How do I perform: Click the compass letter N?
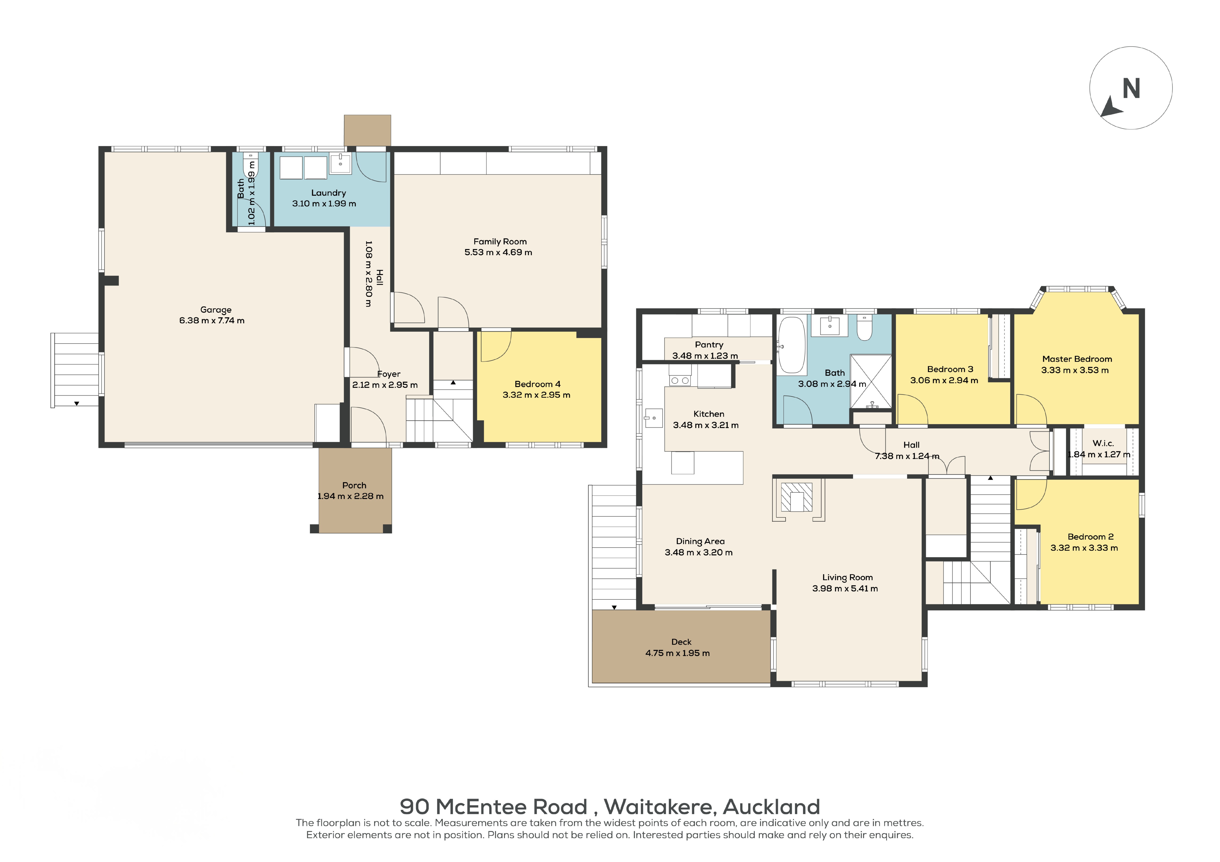(x=1131, y=89)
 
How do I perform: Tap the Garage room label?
(x=216, y=310)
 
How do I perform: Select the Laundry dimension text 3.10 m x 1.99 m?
(x=324, y=203)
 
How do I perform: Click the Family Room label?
(x=500, y=242)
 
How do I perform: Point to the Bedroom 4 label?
(x=537, y=384)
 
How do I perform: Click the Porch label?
(x=354, y=486)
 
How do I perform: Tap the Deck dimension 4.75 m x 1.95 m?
(x=678, y=653)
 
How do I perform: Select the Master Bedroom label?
(x=1077, y=359)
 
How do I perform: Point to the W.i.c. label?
(x=1103, y=443)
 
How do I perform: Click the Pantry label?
(x=709, y=345)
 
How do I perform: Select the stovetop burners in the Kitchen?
(x=680, y=380)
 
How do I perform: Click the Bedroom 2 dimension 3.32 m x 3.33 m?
(x=1084, y=548)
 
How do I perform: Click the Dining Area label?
(x=700, y=541)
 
